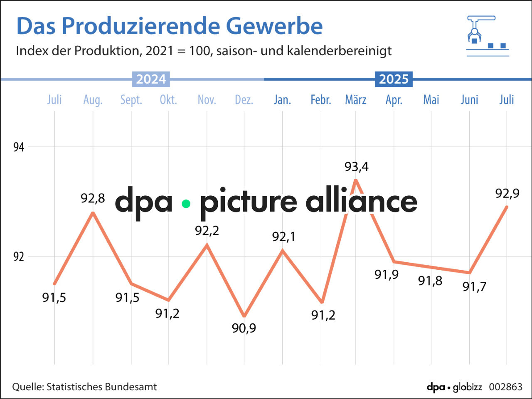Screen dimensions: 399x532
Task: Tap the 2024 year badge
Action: click(151, 79)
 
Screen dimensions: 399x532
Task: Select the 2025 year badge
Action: click(394, 79)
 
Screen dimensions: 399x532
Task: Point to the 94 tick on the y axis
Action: click(19, 147)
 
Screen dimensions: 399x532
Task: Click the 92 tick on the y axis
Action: click(19, 257)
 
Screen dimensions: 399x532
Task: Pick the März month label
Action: click(356, 100)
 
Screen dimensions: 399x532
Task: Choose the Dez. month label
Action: click(244, 100)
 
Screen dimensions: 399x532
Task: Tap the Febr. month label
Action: click(321, 100)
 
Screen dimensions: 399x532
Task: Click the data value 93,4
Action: click(356, 167)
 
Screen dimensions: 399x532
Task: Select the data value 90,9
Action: click(244, 328)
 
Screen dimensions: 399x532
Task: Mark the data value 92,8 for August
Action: click(93, 199)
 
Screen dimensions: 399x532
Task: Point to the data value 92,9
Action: click(507, 193)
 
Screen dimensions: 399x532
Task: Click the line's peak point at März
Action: click(356, 180)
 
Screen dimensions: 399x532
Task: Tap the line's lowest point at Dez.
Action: click(244, 316)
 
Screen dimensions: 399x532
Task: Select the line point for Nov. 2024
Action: click(207, 245)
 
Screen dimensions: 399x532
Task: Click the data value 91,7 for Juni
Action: click(474, 286)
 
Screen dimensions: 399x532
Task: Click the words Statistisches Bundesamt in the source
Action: click(101, 387)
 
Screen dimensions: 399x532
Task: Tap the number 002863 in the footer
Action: click(505, 387)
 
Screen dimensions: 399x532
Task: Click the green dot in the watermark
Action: click(186, 204)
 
